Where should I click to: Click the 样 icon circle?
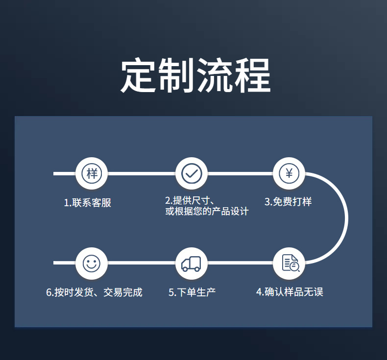click(92, 173)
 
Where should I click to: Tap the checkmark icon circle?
click(192, 173)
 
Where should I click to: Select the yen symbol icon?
click(289, 173)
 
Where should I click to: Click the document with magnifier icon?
click(289, 264)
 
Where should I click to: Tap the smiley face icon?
click(92, 264)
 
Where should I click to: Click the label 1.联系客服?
click(88, 202)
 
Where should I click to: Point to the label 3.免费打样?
click(288, 202)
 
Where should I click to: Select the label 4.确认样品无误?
click(290, 292)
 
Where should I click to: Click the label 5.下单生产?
click(192, 292)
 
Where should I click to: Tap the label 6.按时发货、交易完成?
click(94, 292)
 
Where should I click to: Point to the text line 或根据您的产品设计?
click(207, 212)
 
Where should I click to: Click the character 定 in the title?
click(139, 75)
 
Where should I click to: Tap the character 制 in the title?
click(176, 75)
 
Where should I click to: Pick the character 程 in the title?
click(252, 75)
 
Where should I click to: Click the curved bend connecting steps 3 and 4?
click(346, 218)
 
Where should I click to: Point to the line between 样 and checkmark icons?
click(142, 173)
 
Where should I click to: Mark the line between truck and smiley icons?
click(142, 264)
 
